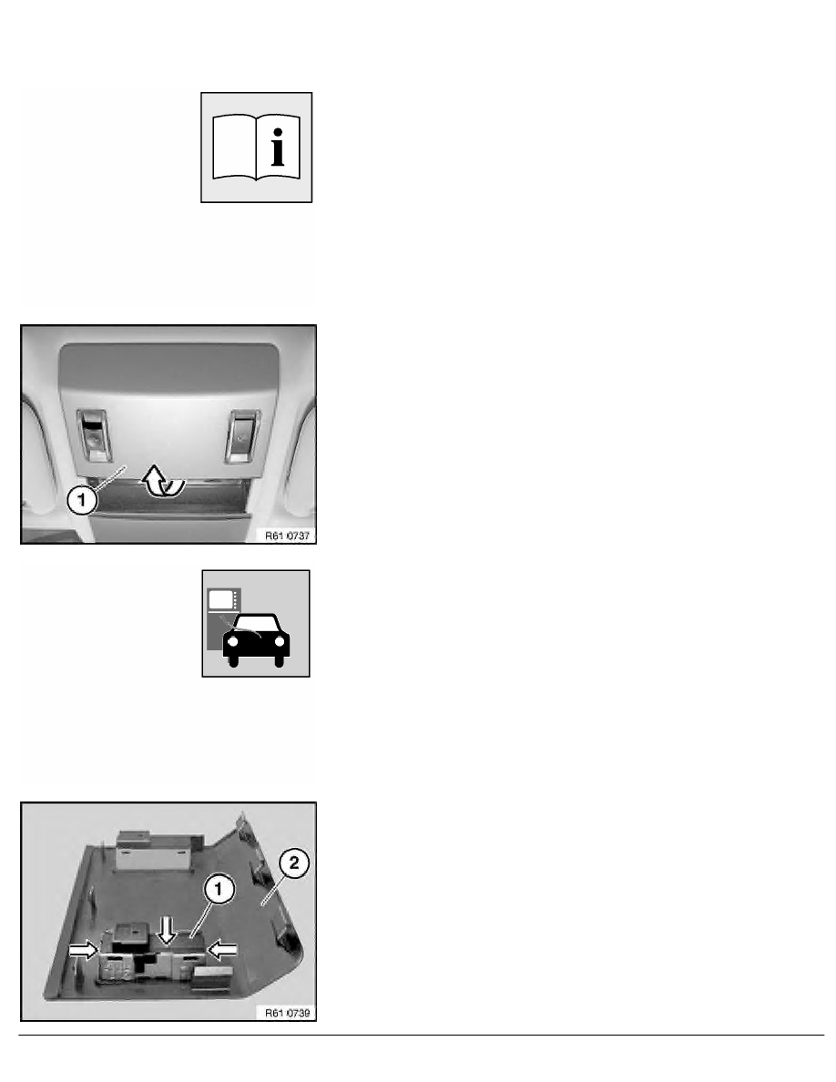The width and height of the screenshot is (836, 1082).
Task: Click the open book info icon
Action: (256, 147)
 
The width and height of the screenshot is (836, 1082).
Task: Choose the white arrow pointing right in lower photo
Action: (85, 948)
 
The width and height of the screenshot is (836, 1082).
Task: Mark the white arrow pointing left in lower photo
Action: (223, 948)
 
